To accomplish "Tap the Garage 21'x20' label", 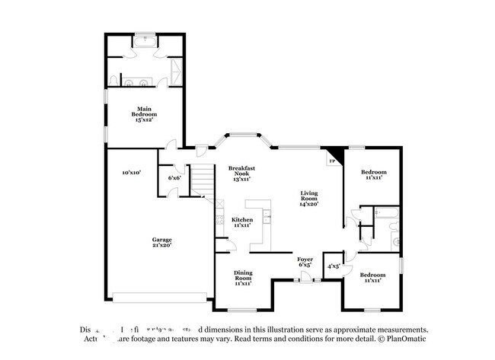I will pos(161,242).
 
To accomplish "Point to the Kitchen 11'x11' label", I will pos(242,222).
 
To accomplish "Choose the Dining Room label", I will pos(242,276).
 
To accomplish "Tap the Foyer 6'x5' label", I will pos(305,263).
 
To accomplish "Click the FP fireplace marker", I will pos(332,161).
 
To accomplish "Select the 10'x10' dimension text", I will pos(132,173).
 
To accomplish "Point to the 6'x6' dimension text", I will pos(174,178).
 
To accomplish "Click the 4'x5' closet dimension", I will pos(334,266).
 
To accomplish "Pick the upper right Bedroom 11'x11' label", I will pos(372,174).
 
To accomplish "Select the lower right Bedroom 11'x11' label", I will pos(372,277).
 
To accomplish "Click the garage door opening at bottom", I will pos(159,296).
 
